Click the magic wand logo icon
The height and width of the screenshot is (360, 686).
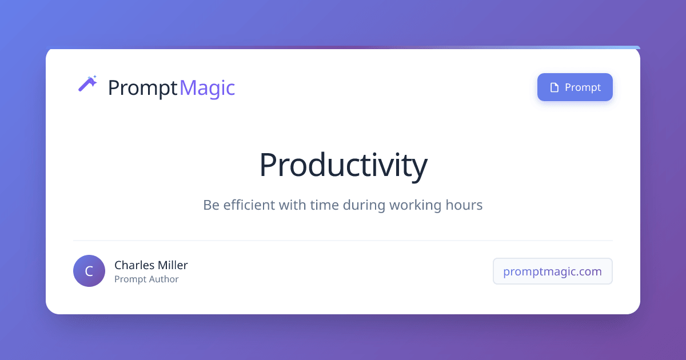point(87,84)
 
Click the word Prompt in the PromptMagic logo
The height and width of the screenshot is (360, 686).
point(142,88)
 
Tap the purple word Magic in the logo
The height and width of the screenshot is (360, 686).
point(207,88)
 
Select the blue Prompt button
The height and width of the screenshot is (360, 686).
point(575,87)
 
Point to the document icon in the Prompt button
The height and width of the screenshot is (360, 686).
point(553,87)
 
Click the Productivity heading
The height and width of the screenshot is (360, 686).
point(343,165)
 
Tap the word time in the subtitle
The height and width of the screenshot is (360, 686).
point(324,205)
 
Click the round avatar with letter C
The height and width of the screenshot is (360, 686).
point(89,271)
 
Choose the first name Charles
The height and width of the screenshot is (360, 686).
point(133,265)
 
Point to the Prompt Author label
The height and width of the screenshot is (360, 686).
point(146,279)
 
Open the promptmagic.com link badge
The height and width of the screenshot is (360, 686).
point(552,271)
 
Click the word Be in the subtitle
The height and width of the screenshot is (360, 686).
point(211,205)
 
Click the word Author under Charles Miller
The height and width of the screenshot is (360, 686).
point(162,279)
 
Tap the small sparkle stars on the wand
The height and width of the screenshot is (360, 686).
point(94,77)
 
